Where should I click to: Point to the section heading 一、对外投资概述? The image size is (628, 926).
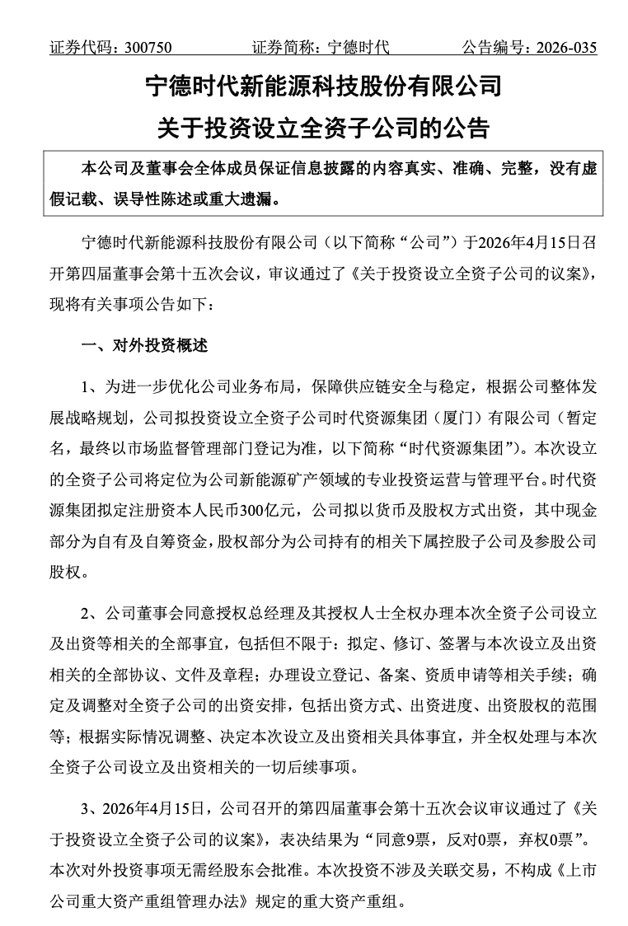(x=145, y=346)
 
